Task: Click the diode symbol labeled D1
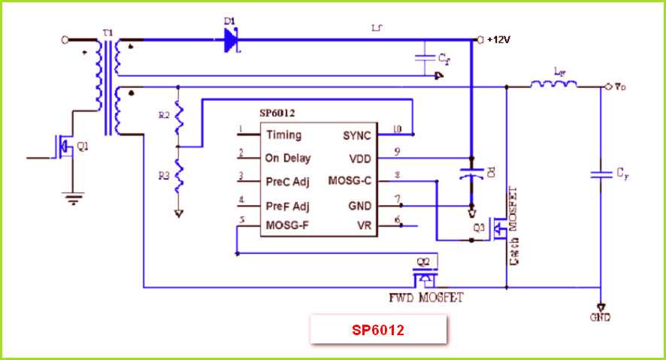coord(230,41)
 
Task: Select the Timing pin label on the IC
coord(283,135)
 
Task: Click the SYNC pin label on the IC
coord(356,135)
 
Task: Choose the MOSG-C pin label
coord(350,181)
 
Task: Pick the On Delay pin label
coord(287,159)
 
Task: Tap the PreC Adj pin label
coord(288,181)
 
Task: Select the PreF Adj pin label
coord(288,205)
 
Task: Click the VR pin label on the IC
coord(363,225)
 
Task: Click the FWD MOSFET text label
coord(425,298)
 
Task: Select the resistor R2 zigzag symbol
coord(178,116)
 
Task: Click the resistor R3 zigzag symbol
coord(178,177)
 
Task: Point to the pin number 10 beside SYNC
coord(397,129)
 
